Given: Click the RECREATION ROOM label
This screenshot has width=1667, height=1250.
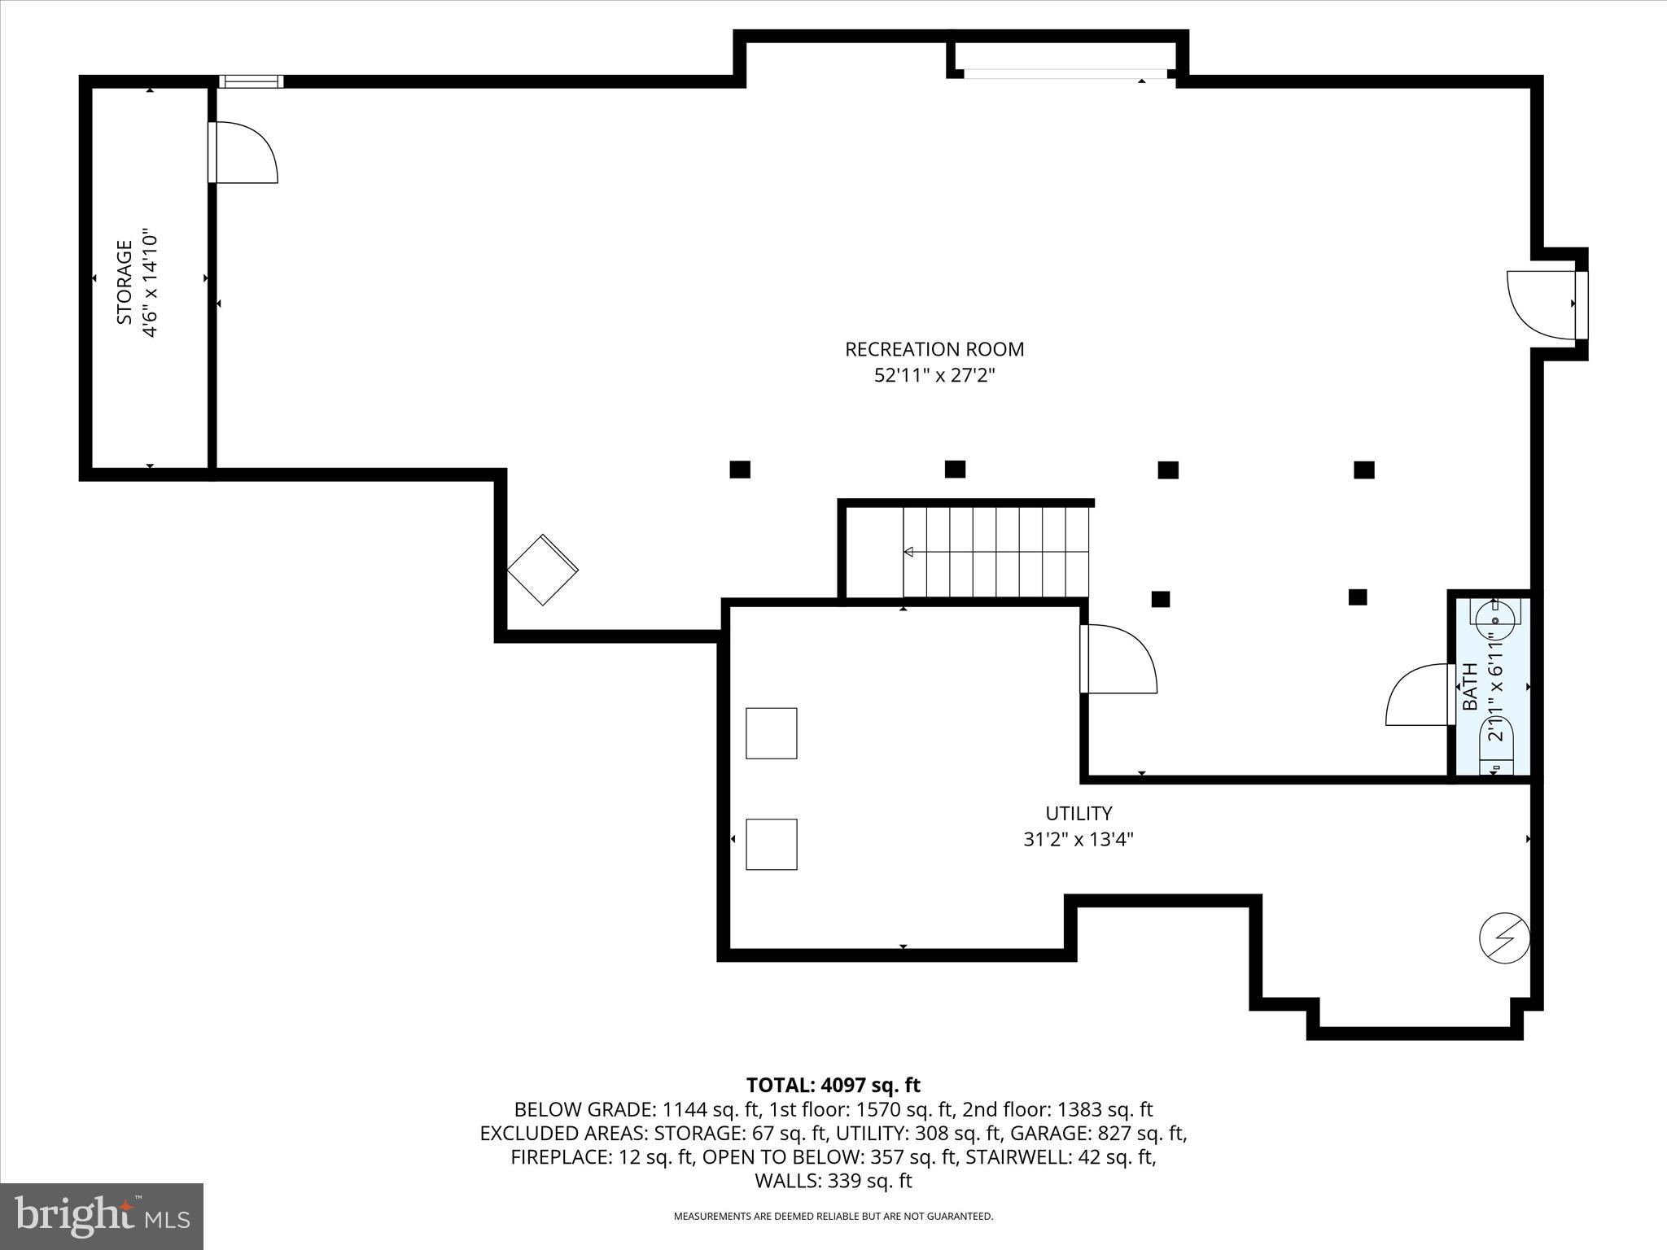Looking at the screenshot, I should click(x=934, y=349).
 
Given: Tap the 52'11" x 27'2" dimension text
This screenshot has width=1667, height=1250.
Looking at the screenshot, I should click(x=934, y=376).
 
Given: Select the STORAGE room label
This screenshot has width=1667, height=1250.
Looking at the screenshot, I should click(x=125, y=282).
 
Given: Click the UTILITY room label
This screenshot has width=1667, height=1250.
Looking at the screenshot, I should click(x=1079, y=813).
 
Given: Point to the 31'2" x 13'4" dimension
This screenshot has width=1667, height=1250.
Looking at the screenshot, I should click(x=1079, y=839).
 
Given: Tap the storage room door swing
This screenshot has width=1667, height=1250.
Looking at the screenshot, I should click(x=244, y=153).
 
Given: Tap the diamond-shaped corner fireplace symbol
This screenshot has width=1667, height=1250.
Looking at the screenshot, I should click(x=543, y=570).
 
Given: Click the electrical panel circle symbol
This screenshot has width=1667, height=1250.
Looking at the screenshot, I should click(x=1504, y=938).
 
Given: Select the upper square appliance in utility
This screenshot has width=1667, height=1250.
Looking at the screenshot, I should click(x=771, y=733).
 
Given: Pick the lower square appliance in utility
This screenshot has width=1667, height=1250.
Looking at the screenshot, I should click(x=771, y=844).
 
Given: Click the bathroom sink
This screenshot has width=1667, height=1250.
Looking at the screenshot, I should click(x=1494, y=618).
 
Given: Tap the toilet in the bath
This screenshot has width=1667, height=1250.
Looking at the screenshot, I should click(x=1496, y=745).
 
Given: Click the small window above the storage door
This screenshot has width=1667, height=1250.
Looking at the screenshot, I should click(x=252, y=81).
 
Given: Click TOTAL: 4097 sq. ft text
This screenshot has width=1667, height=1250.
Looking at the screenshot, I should click(x=833, y=1085).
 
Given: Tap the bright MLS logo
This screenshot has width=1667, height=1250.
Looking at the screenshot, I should click(x=102, y=1216).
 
